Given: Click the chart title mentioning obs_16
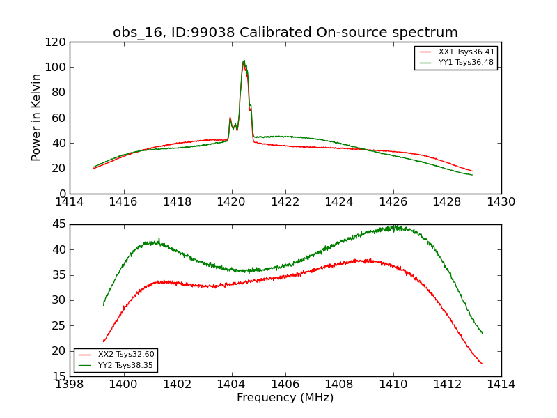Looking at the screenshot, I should click(285, 33).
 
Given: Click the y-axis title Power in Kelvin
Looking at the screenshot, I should click(37, 118).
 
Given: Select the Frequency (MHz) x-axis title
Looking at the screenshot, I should click(285, 398).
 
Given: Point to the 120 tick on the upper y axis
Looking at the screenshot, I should click(58, 42).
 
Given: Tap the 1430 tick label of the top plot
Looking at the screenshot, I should click(501, 202).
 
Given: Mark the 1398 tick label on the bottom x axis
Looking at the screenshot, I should click(70, 384).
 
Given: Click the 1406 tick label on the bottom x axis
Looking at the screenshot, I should click(285, 384).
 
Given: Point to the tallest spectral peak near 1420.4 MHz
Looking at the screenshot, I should click(244, 61).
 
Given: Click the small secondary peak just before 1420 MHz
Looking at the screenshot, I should click(230, 118).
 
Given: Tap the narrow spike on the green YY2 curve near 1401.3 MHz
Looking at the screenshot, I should click(159, 238).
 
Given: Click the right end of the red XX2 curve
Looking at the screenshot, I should click(482, 364).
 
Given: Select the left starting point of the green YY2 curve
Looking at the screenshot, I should click(104, 304).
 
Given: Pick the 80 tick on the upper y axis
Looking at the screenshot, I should click(61, 93).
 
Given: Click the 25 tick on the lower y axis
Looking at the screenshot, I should click(61, 325).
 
